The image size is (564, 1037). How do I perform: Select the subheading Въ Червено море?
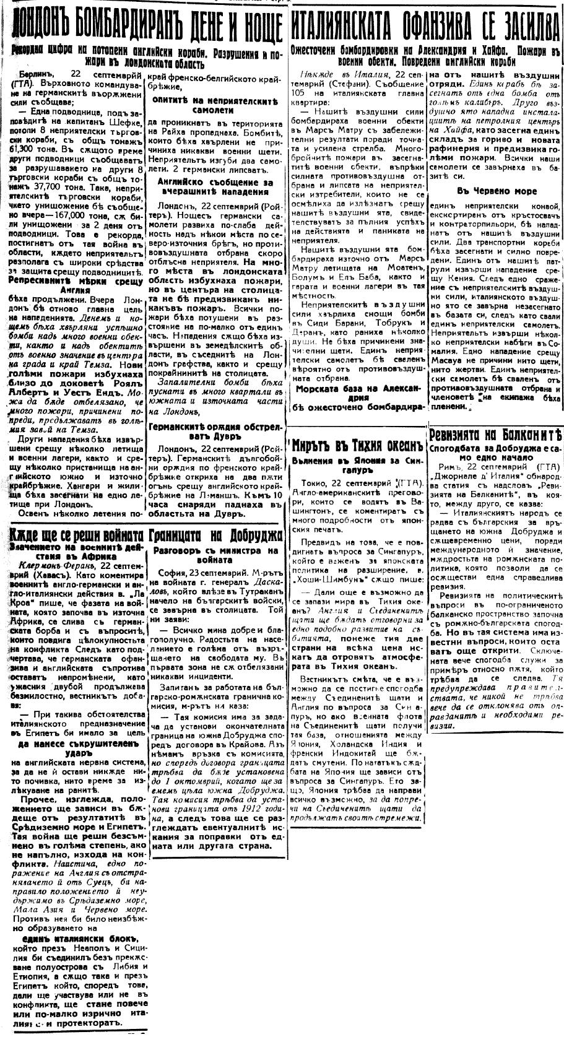click(497, 191)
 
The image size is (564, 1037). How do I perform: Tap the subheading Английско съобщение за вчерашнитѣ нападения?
click(215, 188)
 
